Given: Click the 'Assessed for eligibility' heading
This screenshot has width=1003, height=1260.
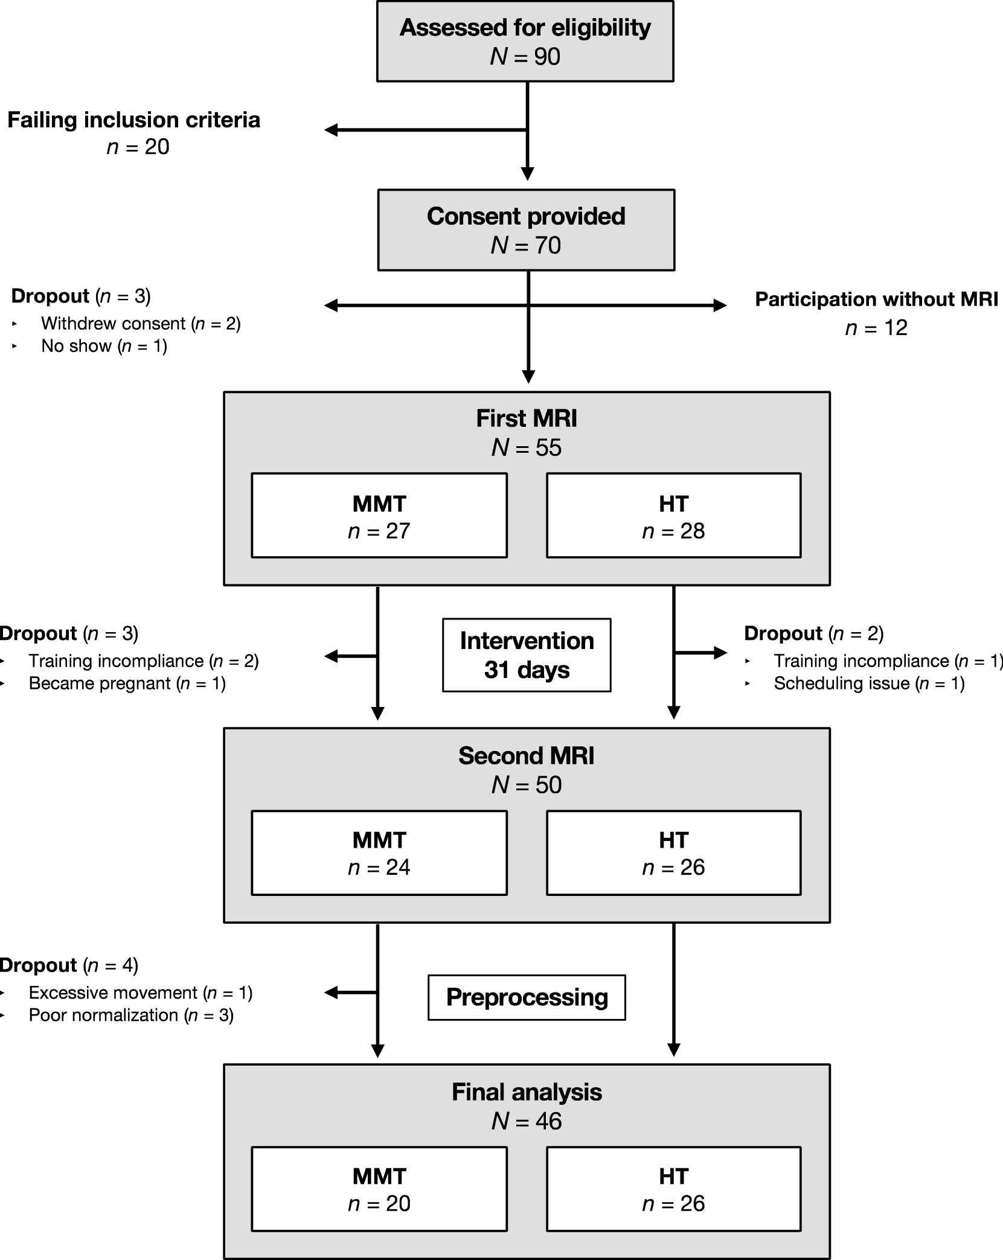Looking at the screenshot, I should click(x=525, y=28).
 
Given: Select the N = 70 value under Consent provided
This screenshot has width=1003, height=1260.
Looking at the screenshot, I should click(x=526, y=245).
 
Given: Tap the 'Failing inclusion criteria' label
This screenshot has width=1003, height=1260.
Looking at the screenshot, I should click(x=133, y=120).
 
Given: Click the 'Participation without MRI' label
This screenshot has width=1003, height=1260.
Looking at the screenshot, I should click(x=876, y=299).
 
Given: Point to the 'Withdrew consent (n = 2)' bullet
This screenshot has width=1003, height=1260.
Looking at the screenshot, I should click(x=141, y=324).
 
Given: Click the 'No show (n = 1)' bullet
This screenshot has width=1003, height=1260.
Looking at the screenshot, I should click(x=104, y=346).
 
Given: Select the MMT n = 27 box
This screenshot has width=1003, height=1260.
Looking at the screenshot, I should click(x=379, y=516).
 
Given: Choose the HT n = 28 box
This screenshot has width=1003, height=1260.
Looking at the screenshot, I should click(x=673, y=516).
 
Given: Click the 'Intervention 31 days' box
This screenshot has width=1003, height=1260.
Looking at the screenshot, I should click(x=527, y=655).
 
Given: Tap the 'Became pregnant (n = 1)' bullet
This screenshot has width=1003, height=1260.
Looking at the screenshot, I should click(x=127, y=683).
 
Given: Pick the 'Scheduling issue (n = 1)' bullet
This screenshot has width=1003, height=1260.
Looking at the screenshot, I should click(x=869, y=683).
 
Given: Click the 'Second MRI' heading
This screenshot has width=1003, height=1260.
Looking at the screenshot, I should click(x=526, y=756).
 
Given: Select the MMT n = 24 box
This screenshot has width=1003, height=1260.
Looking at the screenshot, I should click(x=379, y=852).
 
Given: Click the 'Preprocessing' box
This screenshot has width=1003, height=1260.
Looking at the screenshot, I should click(x=527, y=997).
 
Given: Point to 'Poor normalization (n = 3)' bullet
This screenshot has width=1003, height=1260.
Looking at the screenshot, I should click(x=131, y=1015).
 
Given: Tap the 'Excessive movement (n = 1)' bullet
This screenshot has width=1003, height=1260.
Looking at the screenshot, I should click(x=140, y=993).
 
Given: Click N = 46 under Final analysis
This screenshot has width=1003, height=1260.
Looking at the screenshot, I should click(x=527, y=1121).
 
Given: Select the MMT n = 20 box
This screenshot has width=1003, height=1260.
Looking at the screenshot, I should click(x=379, y=1189).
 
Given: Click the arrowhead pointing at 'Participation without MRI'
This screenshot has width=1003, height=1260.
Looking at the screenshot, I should click(x=720, y=305).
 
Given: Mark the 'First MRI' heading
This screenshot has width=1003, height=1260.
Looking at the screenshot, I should click(x=526, y=418).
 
